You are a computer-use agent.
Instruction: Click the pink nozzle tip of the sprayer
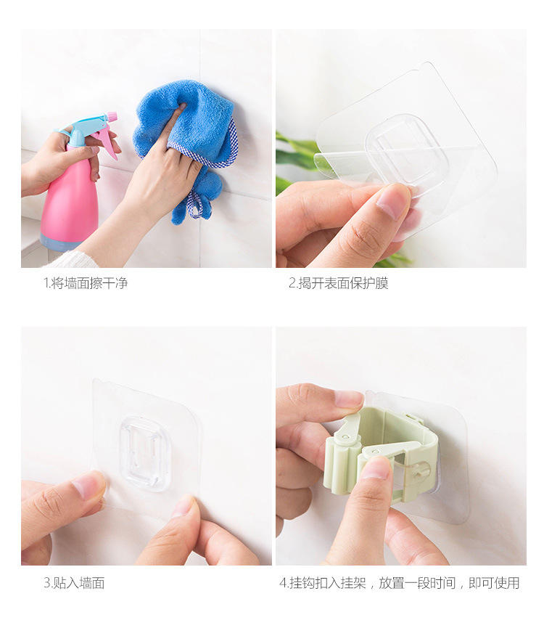(111, 116)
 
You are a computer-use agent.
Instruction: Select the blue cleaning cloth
(186, 142)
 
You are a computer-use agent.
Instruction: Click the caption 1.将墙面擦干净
(86, 283)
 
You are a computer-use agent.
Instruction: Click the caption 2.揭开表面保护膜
(339, 283)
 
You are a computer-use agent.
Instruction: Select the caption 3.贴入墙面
(74, 583)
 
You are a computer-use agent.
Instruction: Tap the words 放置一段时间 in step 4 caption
(417, 583)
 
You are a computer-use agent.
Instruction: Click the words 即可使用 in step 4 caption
(494, 583)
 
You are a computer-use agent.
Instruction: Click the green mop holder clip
(380, 451)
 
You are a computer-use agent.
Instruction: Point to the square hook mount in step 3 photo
(145, 453)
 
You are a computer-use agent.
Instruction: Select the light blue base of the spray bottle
(59, 242)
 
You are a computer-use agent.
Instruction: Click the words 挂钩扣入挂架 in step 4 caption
(327, 583)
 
